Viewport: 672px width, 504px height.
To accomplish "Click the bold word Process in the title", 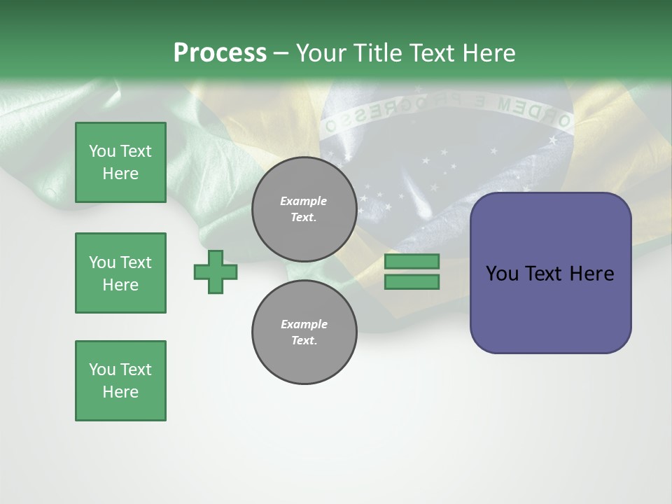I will (x=220, y=52).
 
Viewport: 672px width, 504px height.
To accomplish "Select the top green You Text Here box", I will (x=120, y=162).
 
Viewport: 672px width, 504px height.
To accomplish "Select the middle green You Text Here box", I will (x=120, y=273).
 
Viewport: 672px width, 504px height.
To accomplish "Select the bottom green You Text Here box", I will (x=120, y=381).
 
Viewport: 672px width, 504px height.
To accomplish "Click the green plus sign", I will (x=216, y=271).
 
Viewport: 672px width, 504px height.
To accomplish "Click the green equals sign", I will (x=412, y=272).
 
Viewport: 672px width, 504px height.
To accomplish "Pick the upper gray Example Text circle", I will (x=304, y=209).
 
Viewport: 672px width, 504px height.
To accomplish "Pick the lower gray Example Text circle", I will (x=304, y=332).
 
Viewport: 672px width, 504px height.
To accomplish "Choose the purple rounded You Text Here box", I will (x=550, y=273).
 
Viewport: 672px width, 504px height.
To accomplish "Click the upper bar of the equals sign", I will (x=412, y=261).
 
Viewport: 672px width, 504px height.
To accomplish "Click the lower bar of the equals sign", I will (x=412, y=282).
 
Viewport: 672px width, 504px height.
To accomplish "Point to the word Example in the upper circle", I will (x=304, y=201).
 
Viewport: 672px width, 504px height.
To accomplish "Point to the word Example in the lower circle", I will (x=304, y=324).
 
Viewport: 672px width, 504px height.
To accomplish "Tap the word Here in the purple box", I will (x=591, y=274).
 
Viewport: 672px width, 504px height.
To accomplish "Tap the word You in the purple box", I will (x=502, y=274).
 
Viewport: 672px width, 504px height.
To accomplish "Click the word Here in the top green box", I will (x=120, y=174).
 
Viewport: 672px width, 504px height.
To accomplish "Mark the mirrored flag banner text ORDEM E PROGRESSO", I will (x=448, y=112).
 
